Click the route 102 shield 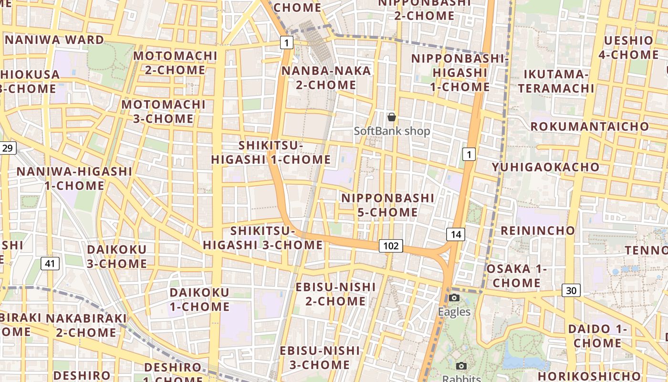coord(391,246)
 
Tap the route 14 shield coord(456,234)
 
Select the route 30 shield coord(571,290)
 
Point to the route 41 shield coord(50,263)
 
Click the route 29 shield coord(8,148)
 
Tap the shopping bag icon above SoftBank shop coord(392,117)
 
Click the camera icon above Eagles coord(454,298)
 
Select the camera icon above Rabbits coord(461,366)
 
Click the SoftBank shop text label coord(392,131)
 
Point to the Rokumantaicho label coord(590,127)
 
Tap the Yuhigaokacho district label coord(546,167)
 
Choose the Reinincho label coord(538,231)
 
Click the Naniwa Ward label coord(54,40)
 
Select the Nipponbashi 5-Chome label coord(388,205)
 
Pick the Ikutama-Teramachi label coord(556,81)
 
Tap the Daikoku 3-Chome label coord(117,256)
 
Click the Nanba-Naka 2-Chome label coord(326,78)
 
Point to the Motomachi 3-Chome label coord(163,111)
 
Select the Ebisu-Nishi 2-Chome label coord(336,294)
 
